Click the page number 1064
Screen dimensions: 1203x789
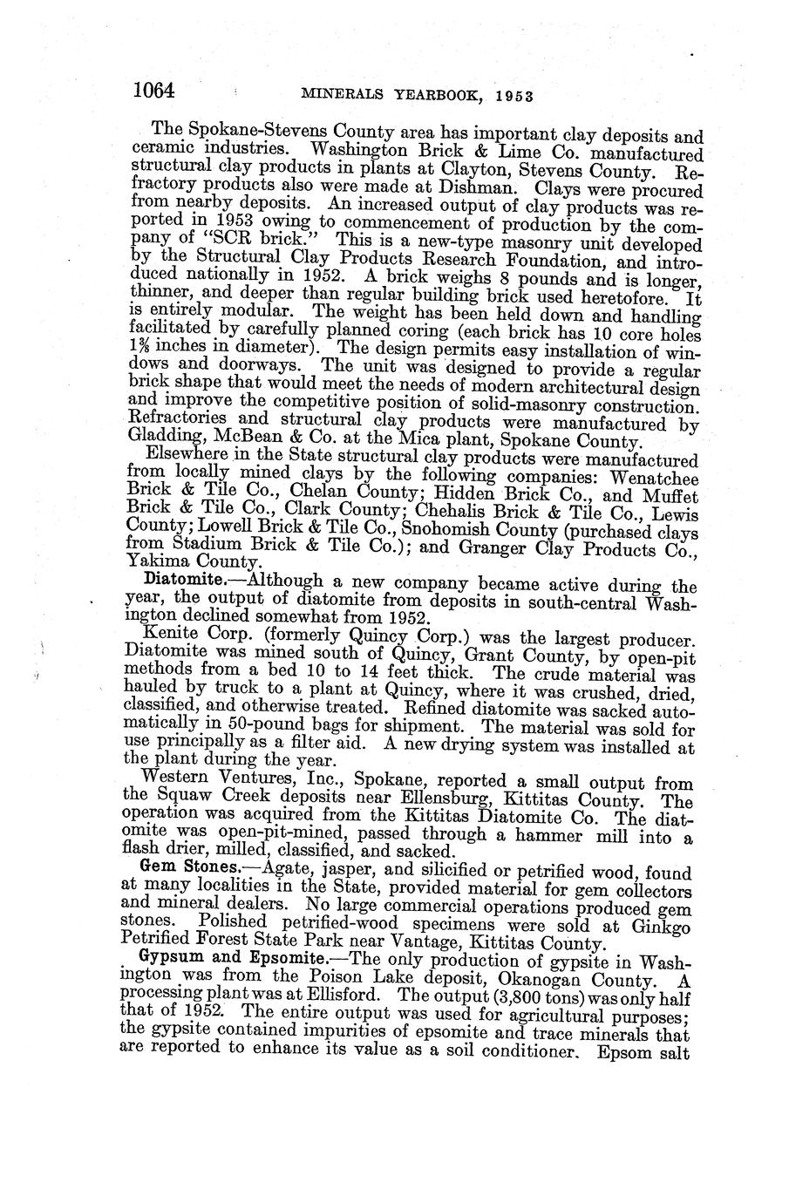[155, 90]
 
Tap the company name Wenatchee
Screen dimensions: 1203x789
[656, 479]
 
